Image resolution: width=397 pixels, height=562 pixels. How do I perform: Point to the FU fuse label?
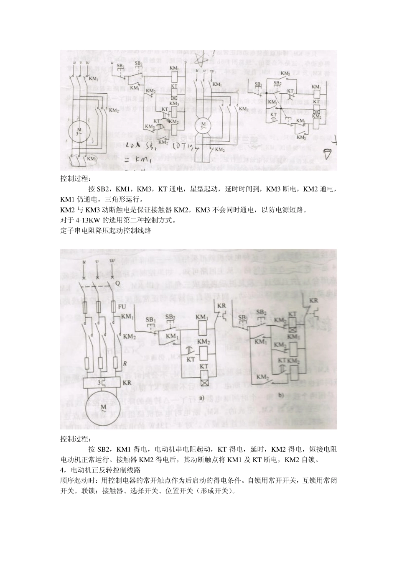(x=122, y=307)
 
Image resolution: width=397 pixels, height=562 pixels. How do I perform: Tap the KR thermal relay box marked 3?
(x=99, y=383)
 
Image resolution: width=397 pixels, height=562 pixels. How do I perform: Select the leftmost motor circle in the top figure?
(x=79, y=130)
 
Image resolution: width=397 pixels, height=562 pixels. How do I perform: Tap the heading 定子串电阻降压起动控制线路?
(x=105, y=230)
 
